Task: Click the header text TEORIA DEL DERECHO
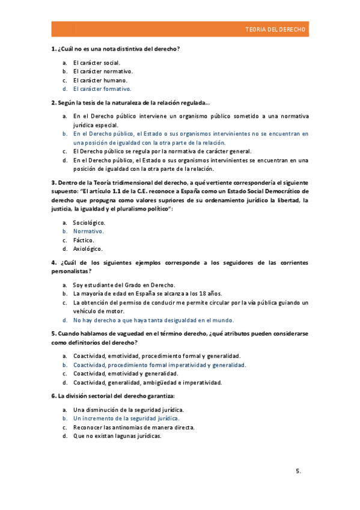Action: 275,29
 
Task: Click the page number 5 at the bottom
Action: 298,472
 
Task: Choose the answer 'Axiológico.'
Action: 88,248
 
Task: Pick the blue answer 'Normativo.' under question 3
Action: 88,231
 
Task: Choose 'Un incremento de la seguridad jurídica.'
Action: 126,417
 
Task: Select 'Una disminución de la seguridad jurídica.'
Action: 128,409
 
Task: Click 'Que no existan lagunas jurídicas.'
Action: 117,435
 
